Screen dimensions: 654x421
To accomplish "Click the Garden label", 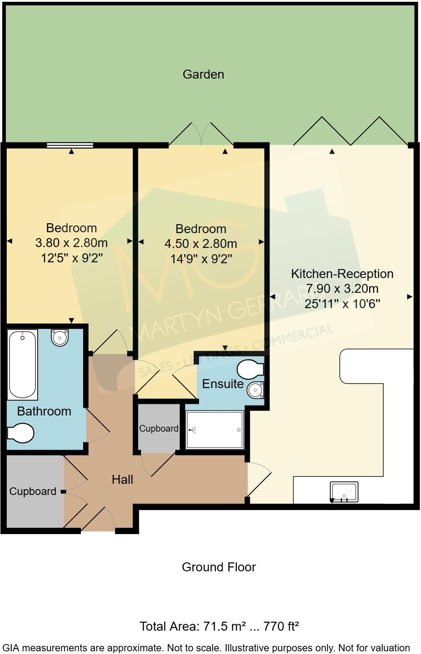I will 203,74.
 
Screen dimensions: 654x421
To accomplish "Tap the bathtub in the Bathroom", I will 22,365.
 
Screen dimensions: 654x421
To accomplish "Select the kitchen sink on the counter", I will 344,492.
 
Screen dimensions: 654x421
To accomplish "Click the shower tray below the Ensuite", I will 215,430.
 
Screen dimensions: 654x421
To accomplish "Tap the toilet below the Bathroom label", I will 20,433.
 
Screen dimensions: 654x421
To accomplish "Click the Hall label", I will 122,480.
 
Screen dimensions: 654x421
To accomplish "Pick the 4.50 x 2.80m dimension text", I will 201,244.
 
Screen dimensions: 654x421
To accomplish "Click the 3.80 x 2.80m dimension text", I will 71,243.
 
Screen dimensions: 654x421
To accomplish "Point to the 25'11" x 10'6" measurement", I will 342,304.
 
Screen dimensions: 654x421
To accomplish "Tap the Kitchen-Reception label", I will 342,274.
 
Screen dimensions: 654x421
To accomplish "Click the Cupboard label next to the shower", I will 159,429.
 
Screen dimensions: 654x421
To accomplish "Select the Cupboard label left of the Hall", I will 33,491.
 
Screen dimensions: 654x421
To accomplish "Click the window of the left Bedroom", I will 70,145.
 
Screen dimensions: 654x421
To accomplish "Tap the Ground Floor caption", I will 219,567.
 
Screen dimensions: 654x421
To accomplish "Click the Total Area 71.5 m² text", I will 219,626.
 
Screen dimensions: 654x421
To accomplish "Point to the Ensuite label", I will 223,384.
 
